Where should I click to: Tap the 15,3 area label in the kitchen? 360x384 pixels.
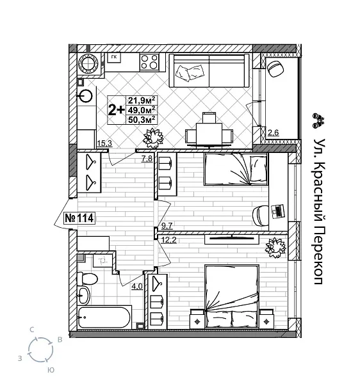(104, 143)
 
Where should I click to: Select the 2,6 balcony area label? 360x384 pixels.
(273, 133)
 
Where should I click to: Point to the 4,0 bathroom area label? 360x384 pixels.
(136, 286)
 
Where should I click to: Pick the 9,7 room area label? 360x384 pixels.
(168, 225)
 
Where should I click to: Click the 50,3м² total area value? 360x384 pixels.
(142, 118)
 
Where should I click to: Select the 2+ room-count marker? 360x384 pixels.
(116, 109)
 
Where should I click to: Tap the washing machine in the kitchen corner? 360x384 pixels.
(88, 64)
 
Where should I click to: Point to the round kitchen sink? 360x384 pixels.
(86, 96)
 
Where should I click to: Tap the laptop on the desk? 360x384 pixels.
(277, 210)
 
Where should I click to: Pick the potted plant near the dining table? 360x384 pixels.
(154, 137)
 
